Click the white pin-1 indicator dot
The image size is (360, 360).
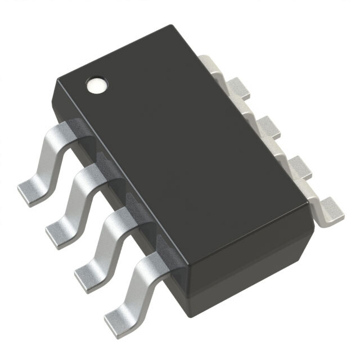click(x=94, y=85)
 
